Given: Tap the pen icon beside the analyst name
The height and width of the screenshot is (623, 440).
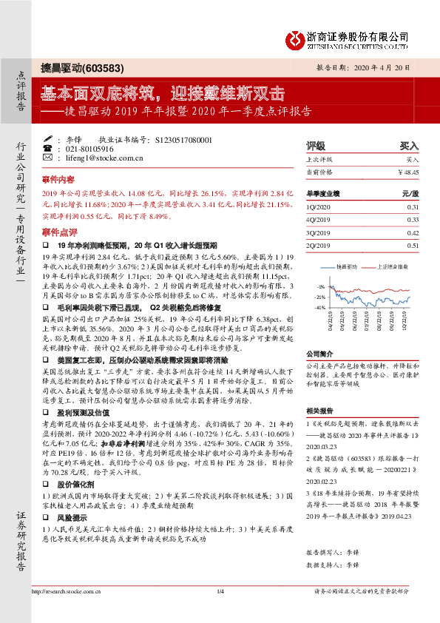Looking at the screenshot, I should [48, 138].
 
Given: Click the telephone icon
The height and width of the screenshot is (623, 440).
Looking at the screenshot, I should [48, 148].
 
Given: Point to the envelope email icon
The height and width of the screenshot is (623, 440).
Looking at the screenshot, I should [48, 158].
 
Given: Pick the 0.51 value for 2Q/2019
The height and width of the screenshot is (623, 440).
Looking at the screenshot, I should [413, 244].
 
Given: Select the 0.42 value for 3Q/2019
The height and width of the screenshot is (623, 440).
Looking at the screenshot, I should [413, 232].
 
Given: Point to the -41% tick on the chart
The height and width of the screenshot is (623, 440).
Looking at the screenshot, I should [319, 306].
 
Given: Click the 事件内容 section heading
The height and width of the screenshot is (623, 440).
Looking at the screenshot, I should [58, 179].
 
